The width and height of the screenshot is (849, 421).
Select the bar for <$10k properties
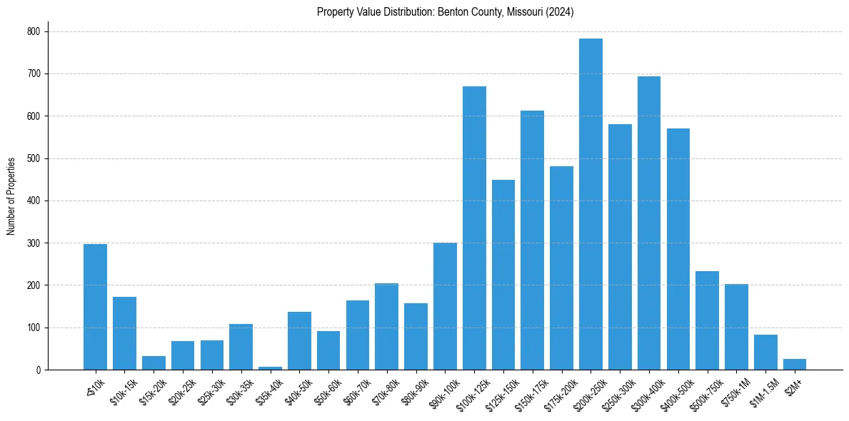[95, 307]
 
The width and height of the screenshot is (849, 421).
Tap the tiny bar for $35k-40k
[270, 367]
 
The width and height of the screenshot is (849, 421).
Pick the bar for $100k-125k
[474, 228]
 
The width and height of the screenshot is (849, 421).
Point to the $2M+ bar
[795, 365]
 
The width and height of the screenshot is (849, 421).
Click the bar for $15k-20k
[154, 363]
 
